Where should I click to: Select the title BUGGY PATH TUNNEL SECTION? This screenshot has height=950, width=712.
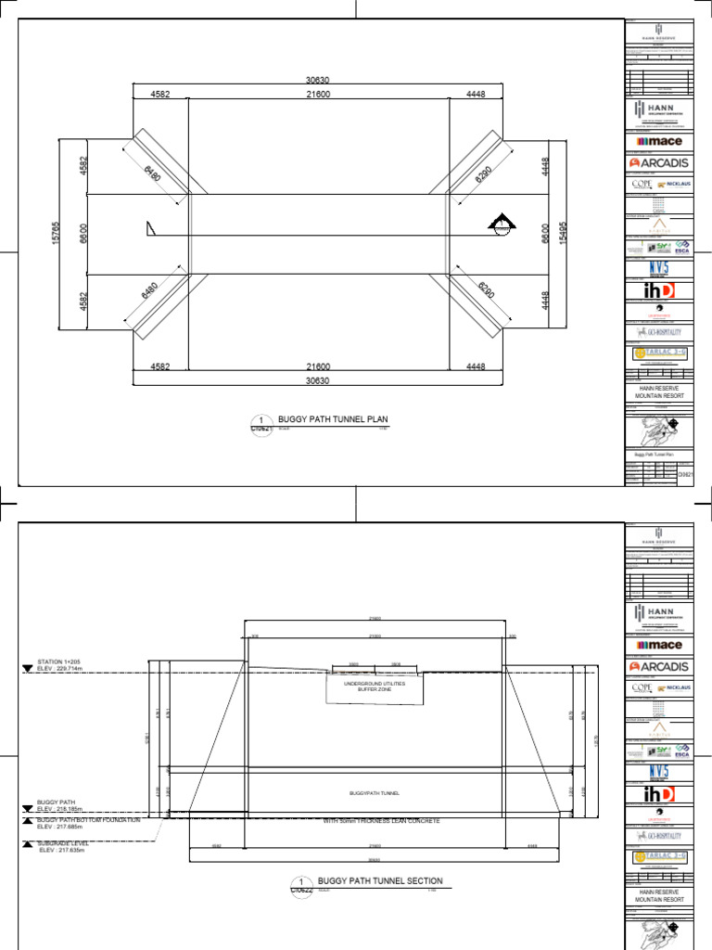[380, 880]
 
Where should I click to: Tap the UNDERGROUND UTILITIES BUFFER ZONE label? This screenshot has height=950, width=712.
[375, 687]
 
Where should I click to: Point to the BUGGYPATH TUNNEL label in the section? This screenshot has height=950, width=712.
[375, 794]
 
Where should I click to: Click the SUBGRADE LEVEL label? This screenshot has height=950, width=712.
[63, 843]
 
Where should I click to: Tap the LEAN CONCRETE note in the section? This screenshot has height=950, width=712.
[381, 821]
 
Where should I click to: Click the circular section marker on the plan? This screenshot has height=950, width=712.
[501, 225]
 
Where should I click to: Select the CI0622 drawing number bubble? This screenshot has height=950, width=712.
[300, 886]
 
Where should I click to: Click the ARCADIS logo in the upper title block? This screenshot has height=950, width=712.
[660, 163]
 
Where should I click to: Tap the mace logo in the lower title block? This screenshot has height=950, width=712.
[660, 645]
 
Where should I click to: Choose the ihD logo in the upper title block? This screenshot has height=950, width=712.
[659, 290]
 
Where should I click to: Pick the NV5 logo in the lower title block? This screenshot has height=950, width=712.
[659, 772]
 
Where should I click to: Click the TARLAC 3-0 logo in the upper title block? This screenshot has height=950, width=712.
[659, 353]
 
